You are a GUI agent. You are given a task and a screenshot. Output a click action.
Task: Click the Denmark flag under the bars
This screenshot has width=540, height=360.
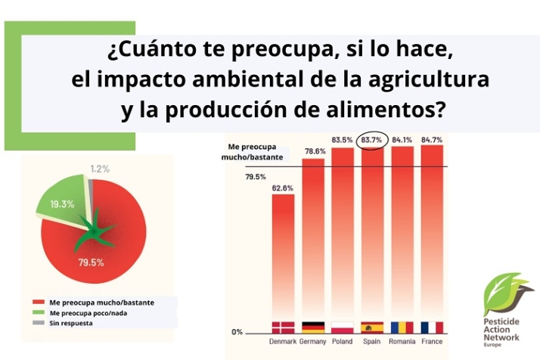(x=283, y=327)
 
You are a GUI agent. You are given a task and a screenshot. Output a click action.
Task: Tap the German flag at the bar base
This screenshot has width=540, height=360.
(x=313, y=327)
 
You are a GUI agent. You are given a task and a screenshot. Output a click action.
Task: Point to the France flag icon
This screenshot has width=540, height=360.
(x=431, y=327)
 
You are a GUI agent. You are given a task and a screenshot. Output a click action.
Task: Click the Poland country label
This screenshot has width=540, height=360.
(x=343, y=340)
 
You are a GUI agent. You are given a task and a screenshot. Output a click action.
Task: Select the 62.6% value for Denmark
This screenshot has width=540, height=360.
(x=283, y=188)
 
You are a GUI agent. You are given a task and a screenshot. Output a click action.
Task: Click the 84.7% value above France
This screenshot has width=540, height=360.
(x=431, y=139)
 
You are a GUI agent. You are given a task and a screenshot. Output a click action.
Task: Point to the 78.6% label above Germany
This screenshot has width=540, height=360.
(x=313, y=151)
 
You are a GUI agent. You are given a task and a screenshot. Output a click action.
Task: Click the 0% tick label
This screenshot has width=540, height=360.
(x=237, y=332)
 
